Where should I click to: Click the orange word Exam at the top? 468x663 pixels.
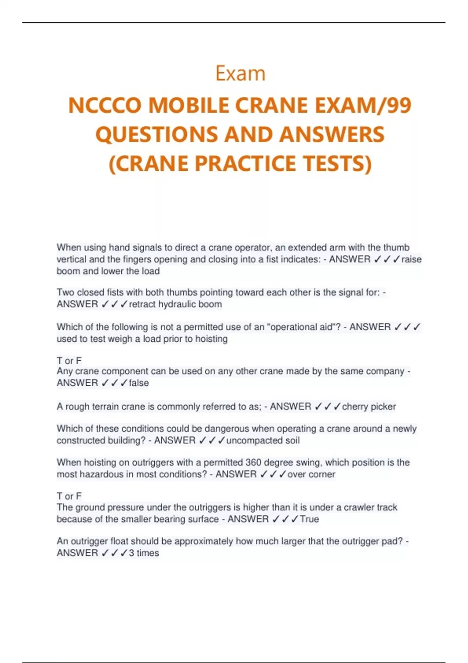240,74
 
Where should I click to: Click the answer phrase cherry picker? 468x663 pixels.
369,407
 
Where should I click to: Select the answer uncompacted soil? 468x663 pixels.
263,441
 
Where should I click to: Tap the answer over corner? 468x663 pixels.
311,475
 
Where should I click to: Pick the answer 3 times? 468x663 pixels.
144,553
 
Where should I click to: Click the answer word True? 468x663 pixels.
309,519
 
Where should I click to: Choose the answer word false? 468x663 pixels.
139,383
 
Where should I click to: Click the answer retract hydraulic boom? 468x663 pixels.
175,304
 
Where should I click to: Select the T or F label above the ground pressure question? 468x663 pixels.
69,496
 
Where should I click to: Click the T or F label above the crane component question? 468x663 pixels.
69,361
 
